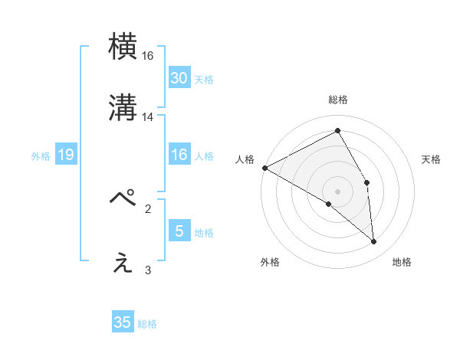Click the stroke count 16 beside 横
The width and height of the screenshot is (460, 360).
(x=148, y=57)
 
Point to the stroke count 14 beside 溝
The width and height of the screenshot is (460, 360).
(x=148, y=117)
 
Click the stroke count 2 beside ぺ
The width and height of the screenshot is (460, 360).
(x=148, y=208)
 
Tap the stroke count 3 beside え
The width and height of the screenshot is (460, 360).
(x=148, y=270)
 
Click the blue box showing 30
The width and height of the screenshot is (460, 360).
(x=179, y=78)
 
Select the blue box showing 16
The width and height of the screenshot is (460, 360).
(x=179, y=155)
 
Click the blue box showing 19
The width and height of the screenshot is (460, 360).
(x=66, y=155)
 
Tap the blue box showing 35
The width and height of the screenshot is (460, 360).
(x=123, y=322)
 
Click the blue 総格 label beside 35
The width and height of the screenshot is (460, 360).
(x=147, y=324)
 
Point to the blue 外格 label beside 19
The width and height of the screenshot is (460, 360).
(x=41, y=156)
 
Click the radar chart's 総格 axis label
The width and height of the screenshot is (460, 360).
(x=338, y=100)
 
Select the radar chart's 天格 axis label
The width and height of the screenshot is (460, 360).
(x=432, y=159)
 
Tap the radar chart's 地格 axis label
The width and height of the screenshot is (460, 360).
(x=402, y=263)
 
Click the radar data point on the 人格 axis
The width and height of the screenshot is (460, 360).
(x=264, y=168)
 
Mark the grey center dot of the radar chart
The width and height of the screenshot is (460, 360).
(x=337, y=191)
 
